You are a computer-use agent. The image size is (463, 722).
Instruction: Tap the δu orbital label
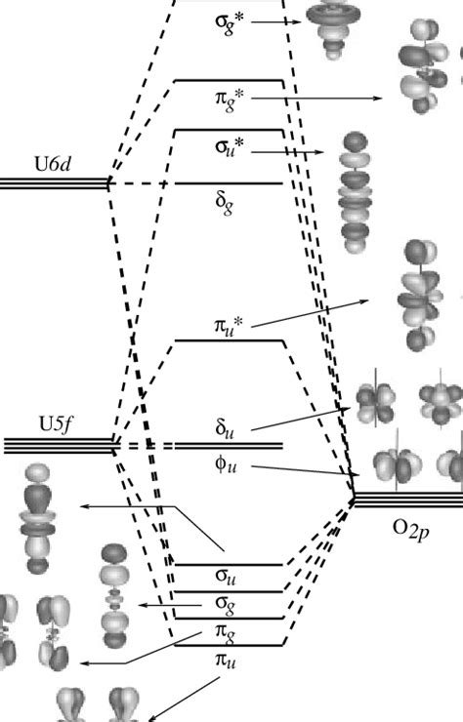point(227,427)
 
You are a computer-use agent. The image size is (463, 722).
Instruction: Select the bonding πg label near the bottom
point(227,635)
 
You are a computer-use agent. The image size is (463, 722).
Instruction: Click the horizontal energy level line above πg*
point(229,80)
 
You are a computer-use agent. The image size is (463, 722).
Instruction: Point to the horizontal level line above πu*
point(229,341)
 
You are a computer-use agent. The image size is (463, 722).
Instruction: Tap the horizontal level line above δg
point(229,182)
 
